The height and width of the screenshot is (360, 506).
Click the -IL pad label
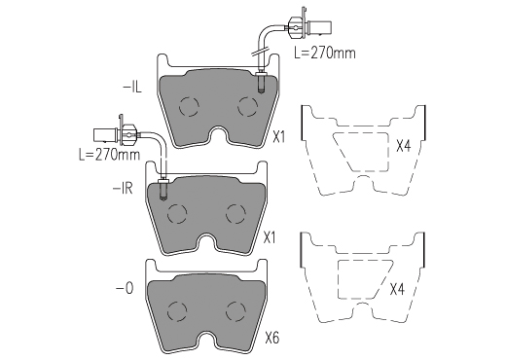click(x=132, y=88)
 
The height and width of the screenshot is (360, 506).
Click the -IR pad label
click(x=123, y=188)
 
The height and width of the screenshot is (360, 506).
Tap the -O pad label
click(x=125, y=288)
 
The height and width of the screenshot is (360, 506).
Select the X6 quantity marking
click(x=272, y=339)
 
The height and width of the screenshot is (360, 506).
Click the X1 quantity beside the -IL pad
click(x=279, y=137)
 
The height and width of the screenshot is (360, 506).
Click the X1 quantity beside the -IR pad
click(x=270, y=238)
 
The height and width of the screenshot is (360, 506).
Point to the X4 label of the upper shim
click(x=404, y=146)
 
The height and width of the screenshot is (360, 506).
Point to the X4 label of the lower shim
click(x=397, y=289)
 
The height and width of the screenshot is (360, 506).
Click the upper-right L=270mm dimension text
click(x=325, y=53)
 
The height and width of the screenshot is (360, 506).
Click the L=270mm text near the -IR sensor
click(x=110, y=155)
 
